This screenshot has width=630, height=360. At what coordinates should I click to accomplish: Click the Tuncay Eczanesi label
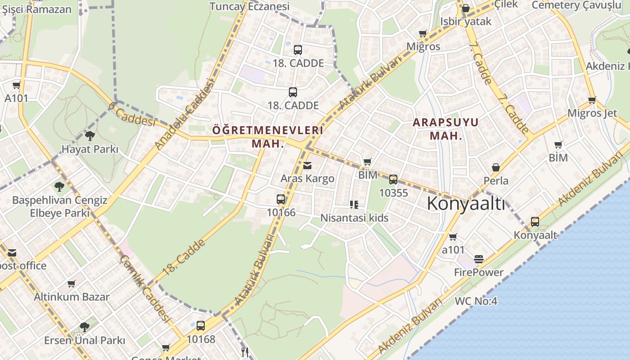[249, 6]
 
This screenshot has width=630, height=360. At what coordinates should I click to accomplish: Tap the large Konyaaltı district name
[466, 203]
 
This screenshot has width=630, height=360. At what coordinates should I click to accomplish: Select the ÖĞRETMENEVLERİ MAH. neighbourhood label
[268, 137]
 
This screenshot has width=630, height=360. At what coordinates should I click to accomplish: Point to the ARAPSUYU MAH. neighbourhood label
[445, 129]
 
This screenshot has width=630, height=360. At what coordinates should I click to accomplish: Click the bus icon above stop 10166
[281, 199]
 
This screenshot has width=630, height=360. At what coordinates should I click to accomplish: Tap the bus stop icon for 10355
[393, 180]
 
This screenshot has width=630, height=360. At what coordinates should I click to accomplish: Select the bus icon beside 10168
[201, 326]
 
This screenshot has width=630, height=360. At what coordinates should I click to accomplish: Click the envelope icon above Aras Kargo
[307, 166]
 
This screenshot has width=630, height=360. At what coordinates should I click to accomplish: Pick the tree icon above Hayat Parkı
[90, 135]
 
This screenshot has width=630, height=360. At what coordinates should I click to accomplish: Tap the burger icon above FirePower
[478, 259]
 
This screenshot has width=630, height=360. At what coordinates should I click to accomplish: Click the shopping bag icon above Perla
[495, 167]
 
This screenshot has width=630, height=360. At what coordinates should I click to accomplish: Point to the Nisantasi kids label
[354, 218]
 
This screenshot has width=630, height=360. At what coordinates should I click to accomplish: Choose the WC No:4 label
[476, 301]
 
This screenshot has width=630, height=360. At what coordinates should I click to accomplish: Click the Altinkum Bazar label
[72, 297]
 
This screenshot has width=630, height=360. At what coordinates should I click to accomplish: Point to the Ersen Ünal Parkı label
[84, 340]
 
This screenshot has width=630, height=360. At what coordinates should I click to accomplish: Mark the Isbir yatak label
[466, 21]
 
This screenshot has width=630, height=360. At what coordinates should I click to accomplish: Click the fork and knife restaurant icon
[245, 352]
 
